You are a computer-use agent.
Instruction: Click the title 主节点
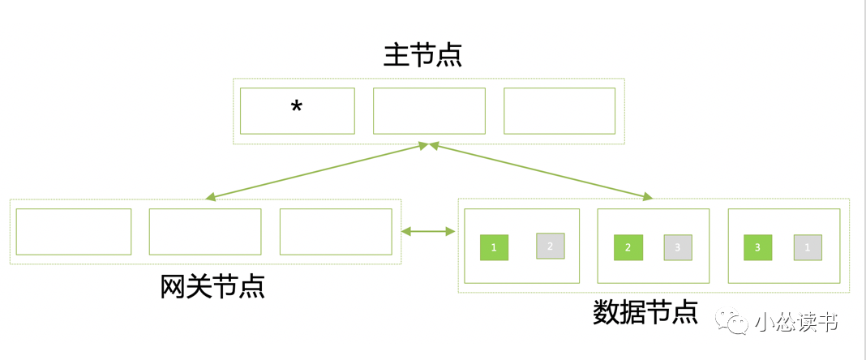coord(422,55)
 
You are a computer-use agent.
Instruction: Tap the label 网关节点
coord(212,286)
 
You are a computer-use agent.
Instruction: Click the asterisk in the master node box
coord(297,108)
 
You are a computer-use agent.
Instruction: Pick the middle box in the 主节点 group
coord(429,110)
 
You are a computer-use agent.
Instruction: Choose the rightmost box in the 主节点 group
coord(559,110)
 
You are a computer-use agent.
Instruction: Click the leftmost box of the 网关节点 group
coord(74,231)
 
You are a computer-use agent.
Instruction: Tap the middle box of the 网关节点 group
coord(205,231)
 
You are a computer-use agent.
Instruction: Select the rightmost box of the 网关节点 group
coord(336,231)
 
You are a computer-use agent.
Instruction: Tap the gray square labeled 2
coord(550,246)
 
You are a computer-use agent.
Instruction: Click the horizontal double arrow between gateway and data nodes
coord(429,232)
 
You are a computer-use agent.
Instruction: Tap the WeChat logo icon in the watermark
coord(737,324)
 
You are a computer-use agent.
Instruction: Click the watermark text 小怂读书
coord(795,324)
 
